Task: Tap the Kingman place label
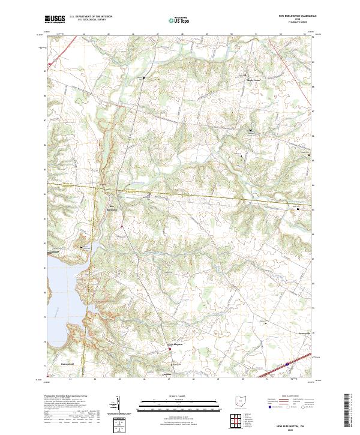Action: [x=175, y=344]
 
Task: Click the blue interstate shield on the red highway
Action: [x=287, y=364]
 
